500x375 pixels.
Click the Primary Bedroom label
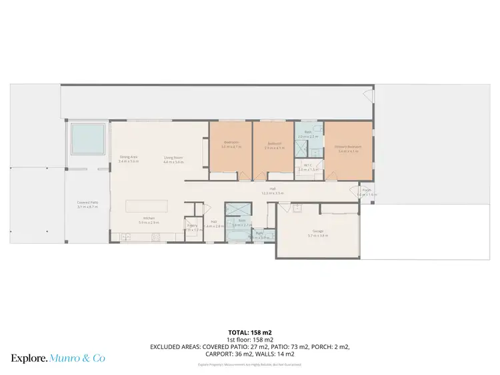[348, 147]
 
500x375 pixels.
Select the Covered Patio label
[87, 202]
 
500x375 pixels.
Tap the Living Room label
[173, 158]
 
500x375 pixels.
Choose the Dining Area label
[129, 157]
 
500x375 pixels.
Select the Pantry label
[192, 226]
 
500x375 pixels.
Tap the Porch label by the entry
[367, 190]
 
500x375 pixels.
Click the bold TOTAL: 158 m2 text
[249, 332]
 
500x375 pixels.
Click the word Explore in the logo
[28, 358]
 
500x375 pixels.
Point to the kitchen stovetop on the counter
[155, 237]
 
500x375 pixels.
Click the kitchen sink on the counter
[125, 237]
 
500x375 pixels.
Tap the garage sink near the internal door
[297, 208]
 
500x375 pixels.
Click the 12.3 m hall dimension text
[273, 193]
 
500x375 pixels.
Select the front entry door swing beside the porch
[355, 191]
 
